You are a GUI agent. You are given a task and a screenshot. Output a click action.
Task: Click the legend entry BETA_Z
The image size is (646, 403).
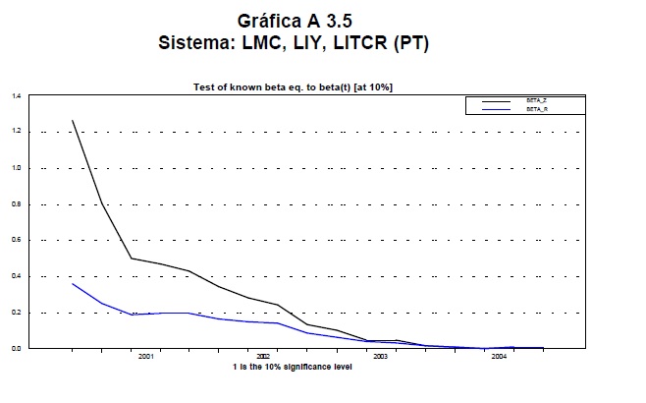(536, 101)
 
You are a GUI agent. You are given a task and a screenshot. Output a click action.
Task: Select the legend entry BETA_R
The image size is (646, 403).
(536, 109)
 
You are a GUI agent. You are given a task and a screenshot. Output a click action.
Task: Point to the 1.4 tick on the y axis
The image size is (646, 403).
(16, 96)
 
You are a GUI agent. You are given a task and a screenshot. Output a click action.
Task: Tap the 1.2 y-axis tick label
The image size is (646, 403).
(16, 132)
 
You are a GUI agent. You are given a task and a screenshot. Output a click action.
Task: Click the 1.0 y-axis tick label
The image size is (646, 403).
(16, 168)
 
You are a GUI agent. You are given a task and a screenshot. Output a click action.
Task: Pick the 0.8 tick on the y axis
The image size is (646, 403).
(16, 204)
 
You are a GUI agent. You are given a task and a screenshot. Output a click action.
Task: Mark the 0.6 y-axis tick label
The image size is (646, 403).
(16, 240)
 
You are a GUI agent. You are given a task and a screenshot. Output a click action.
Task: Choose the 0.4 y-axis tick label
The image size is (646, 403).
(16, 276)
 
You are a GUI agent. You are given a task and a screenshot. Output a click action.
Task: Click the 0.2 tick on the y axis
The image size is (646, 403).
(16, 313)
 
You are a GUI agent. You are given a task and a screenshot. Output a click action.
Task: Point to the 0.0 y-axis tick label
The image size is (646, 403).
(16, 348)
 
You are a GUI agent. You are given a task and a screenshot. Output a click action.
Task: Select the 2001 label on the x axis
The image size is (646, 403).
(146, 357)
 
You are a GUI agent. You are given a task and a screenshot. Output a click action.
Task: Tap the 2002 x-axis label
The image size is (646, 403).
(263, 357)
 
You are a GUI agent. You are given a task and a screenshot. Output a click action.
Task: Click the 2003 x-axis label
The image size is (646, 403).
(380, 357)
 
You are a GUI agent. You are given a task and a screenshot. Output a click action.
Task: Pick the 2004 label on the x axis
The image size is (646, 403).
(498, 357)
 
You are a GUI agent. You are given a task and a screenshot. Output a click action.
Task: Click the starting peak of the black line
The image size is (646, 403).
(72, 120)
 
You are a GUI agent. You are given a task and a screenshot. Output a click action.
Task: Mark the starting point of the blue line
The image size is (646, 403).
(72, 283)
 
